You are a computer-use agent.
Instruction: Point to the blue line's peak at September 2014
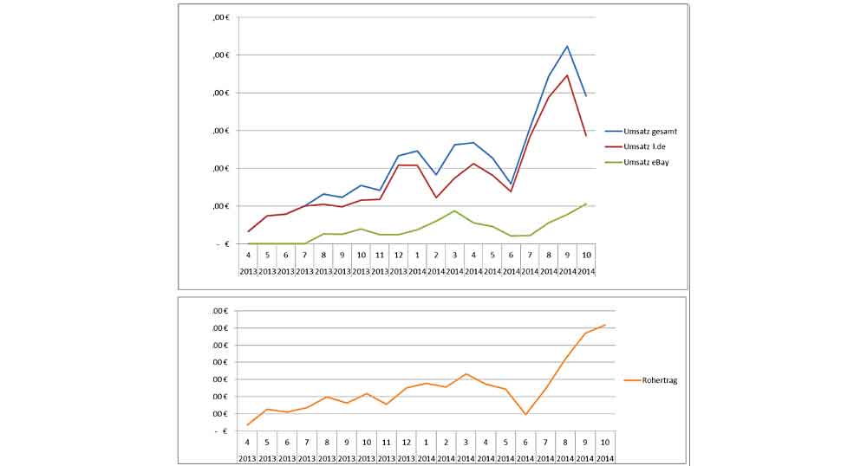[x=567, y=46]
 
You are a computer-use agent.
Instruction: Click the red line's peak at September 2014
[x=567, y=75]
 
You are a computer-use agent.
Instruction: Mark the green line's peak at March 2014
[x=454, y=210]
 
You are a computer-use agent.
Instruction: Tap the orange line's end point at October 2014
[x=604, y=325]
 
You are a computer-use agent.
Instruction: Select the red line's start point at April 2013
[x=249, y=231]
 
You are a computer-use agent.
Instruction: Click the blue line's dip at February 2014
[x=436, y=175]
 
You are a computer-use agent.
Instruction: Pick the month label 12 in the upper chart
[x=398, y=256]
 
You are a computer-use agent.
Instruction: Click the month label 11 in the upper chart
[x=380, y=256]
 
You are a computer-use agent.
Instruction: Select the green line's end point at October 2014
[x=586, y=204]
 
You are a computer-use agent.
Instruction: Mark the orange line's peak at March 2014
[x=466, y=374]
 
